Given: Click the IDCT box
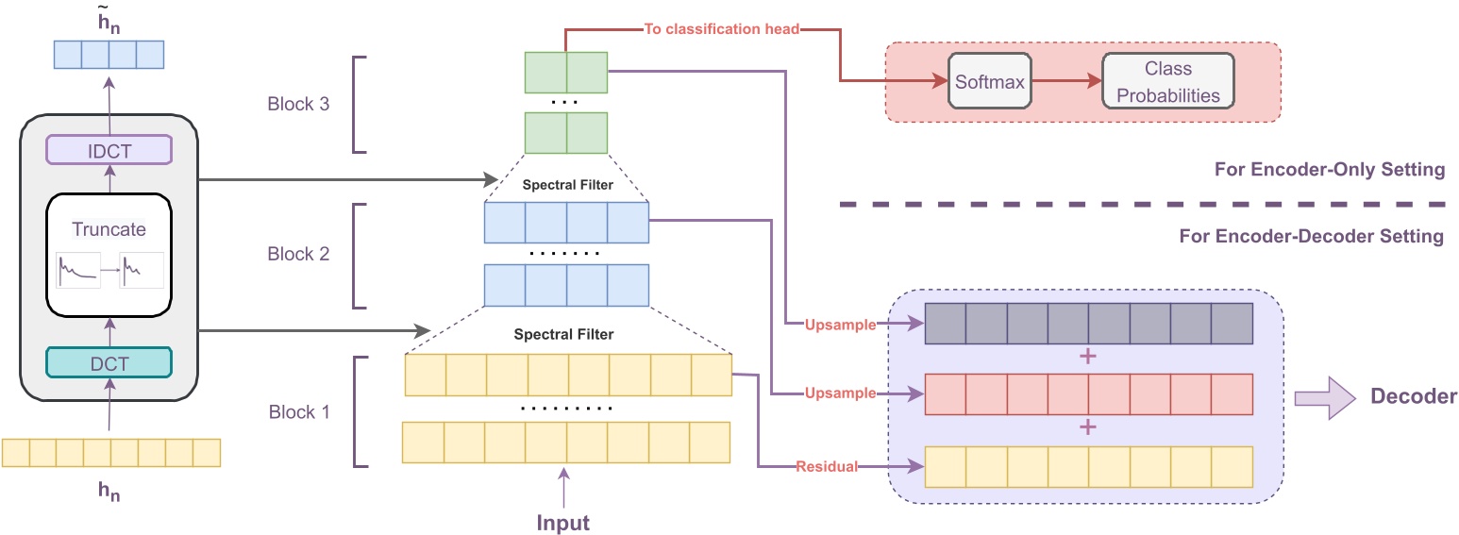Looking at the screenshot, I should point(109,150).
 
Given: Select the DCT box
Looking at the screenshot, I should point(109,362).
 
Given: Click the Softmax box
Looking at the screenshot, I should point(989,82).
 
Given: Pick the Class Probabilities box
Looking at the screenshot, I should point(1167,82).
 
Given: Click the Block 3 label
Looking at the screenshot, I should point(297,104).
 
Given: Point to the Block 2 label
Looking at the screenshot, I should point(297,255).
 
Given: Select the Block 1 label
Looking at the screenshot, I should point(297,412).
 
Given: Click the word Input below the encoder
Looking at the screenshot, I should point(563,522).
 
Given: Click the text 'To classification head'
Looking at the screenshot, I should point(722,29).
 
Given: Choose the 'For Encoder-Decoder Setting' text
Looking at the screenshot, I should point(1311,236).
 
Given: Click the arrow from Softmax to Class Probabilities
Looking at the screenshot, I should point(1065,82).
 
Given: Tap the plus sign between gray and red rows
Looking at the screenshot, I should point(1087,358).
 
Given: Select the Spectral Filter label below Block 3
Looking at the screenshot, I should point(567,185).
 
